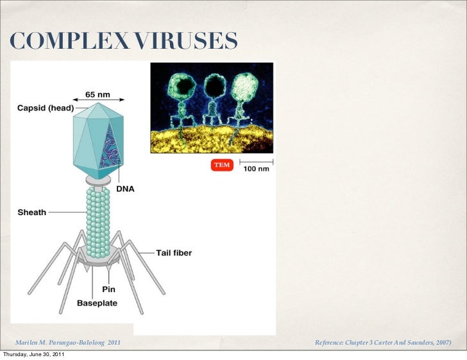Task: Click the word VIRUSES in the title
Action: tap(186, 42)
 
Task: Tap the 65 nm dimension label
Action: tap(98, 94)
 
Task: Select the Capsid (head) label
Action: tap(45, 108)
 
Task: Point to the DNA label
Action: tap(125, 189)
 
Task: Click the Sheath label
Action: tap(31, 212)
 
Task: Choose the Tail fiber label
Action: tap(174, 253)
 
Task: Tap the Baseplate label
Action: tap(97, 302)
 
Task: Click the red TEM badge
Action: tap(221, 165)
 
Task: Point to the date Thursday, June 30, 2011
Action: tap(33, 355)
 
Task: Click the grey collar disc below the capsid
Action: tap(98, 184)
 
